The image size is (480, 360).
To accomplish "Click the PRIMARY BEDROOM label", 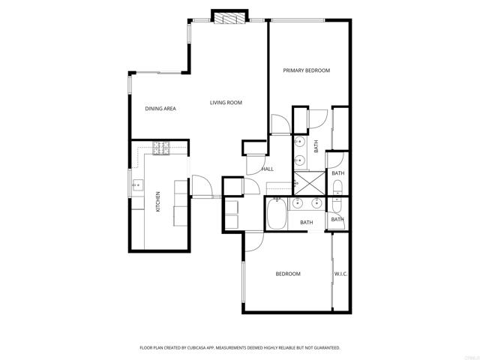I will (306, 70).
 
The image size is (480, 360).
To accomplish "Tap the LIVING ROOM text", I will (226, 103).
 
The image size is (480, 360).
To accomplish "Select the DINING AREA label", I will (160, 109).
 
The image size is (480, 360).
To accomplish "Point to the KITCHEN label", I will (158, 202).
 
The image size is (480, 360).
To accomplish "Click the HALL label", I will (268, 169).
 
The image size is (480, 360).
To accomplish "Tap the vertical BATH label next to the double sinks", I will (316, 147).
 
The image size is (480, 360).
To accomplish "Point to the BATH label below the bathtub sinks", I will (306, 222).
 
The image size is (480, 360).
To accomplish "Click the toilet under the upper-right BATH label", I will (337, 187).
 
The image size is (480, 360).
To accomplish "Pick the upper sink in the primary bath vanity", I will (299, 142).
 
